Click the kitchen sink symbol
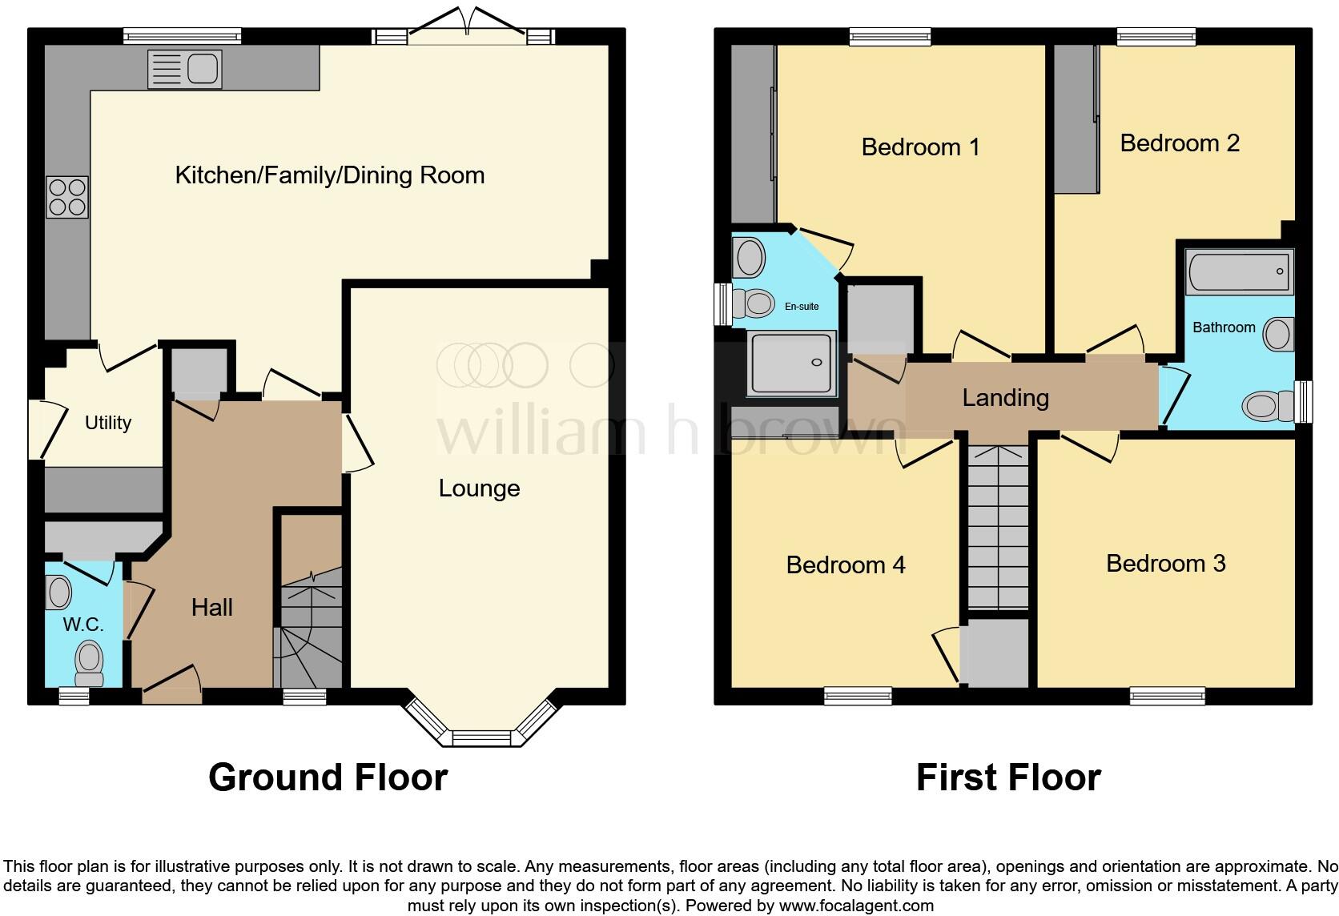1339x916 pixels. pyautogui.click(x=185, y=70)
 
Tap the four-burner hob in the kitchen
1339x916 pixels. pyautogui.click(x=67, y=197)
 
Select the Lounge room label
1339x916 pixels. pyautogui.click(x=479, y=488)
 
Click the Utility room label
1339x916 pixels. pyautogui.click(x=108, y=423)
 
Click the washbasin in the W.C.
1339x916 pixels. pyautogui.click(x=59, y=593)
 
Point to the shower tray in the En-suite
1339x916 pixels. pyautogui.click(x=791, y=364)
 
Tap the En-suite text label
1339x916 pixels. pyautogui.click(x=802, y=307)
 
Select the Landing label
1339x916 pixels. pyautogui.click(x=1005, y=397)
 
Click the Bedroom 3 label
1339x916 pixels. pyautogui.click(x=1165, y=564)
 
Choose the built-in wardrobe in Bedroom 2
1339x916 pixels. pyautogui.click(x=1076, y=119)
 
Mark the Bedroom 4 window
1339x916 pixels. pyautogui.click(x=858, y=695)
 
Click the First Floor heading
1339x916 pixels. pyautogui.click(x=1007, y=777)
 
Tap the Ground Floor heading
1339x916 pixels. pyautogui.click(x=328, y=777)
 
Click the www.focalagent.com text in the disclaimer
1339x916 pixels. pyautogui.click(x=855, y=906)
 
